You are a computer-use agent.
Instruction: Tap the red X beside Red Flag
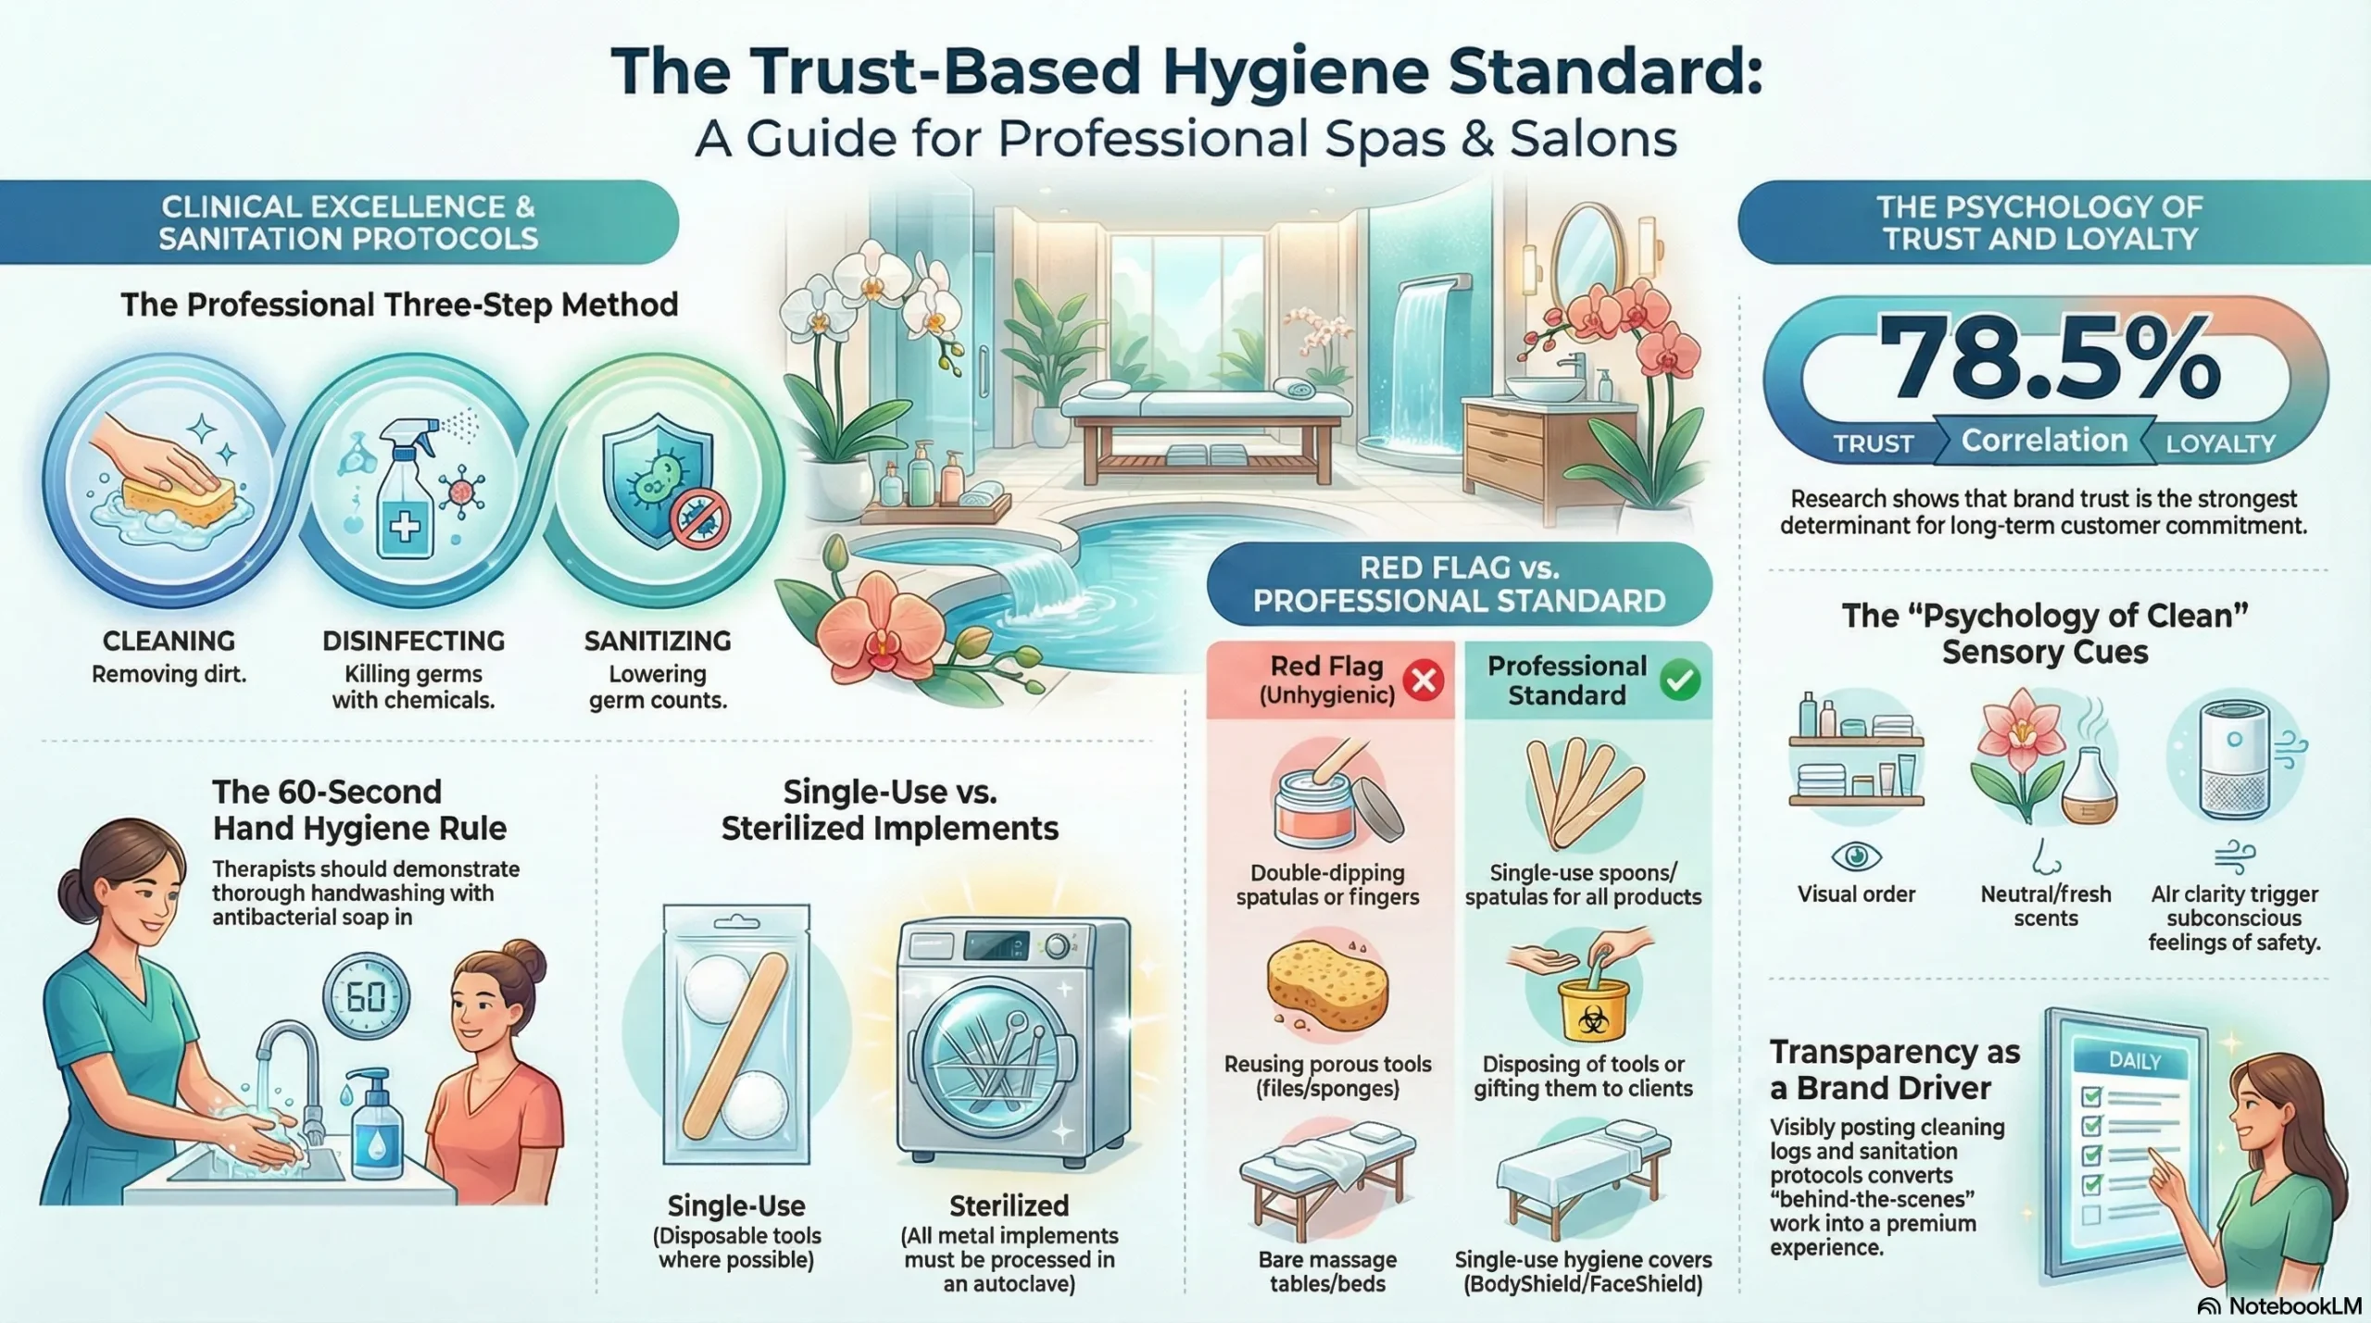tap(1424, 680)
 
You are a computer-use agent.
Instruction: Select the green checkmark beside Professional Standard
tap(1680, 680)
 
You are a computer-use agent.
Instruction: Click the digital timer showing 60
tap(366, 997)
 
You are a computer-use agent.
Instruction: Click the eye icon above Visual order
tap(1856, 856)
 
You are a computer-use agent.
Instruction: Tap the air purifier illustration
tap(2234, 759)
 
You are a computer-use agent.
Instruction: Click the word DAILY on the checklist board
tap(2134, 1061)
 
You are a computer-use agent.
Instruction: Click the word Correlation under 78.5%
tap(2044, 441)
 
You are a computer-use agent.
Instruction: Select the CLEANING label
tap(169, 641)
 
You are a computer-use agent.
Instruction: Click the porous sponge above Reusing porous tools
tap(1327, 985)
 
